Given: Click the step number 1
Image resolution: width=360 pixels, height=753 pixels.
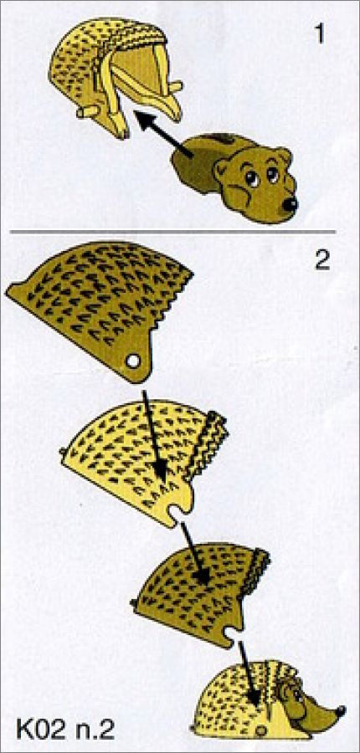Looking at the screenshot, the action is [x=318, y=34].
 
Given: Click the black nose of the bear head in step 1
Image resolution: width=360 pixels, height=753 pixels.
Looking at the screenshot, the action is [x=290, y=204].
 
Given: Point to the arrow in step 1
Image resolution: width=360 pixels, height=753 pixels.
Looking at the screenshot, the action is [x=162, y=135].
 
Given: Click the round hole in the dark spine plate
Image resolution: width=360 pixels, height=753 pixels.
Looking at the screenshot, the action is [x=133, y=361].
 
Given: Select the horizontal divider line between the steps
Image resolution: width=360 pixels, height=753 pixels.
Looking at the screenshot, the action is [x=172, y=233].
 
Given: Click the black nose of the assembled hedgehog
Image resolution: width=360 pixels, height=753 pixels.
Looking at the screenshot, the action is [x=341, y=709].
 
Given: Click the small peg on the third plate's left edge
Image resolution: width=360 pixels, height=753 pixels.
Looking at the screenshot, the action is [x=134, y=602].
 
